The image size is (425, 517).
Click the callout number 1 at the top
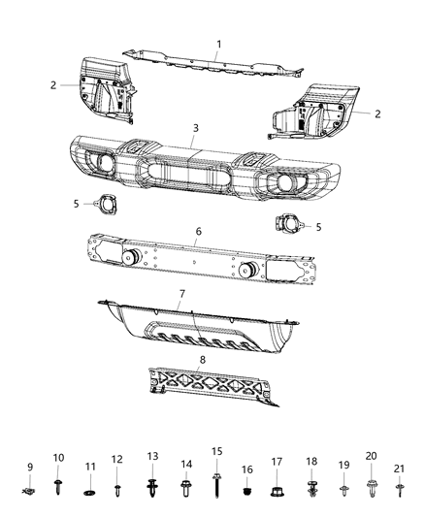tap(219, 44)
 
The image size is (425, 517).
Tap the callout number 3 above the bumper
tap(195, 128)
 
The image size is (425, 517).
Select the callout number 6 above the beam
tap(198, 233)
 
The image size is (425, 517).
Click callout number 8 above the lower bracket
tap(202, 361)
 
